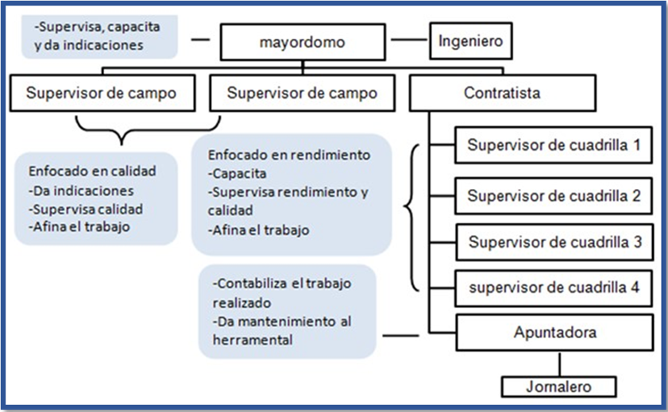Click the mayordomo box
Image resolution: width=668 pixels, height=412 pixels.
click(303, 43)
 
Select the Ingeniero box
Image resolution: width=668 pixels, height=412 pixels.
click(470, 42)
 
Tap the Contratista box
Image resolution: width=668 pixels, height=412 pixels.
click(501, 93)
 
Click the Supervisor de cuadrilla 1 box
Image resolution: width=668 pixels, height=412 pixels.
click(553, 145)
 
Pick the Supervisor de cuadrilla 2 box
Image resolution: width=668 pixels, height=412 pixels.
click(553, 195)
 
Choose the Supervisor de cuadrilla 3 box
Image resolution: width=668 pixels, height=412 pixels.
click(553, 242)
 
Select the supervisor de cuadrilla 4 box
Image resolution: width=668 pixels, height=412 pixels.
click(553, 287)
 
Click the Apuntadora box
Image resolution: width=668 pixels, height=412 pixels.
click(553, 333)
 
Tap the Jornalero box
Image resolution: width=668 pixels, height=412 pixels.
click(559, 387)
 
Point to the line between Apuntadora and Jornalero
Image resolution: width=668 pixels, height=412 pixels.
click(561, 364)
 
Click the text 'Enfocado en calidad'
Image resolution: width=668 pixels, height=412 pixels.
click(92, 171)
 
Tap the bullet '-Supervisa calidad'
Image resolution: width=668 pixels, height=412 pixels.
click(85, 209)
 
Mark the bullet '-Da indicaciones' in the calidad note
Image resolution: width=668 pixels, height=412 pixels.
click(81, 191)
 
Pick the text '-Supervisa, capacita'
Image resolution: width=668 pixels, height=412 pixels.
click(98, 26)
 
